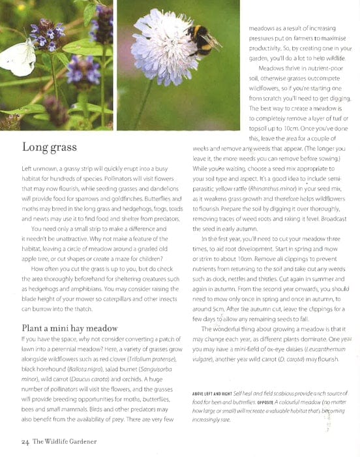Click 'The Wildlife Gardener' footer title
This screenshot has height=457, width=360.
point(65,442)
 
